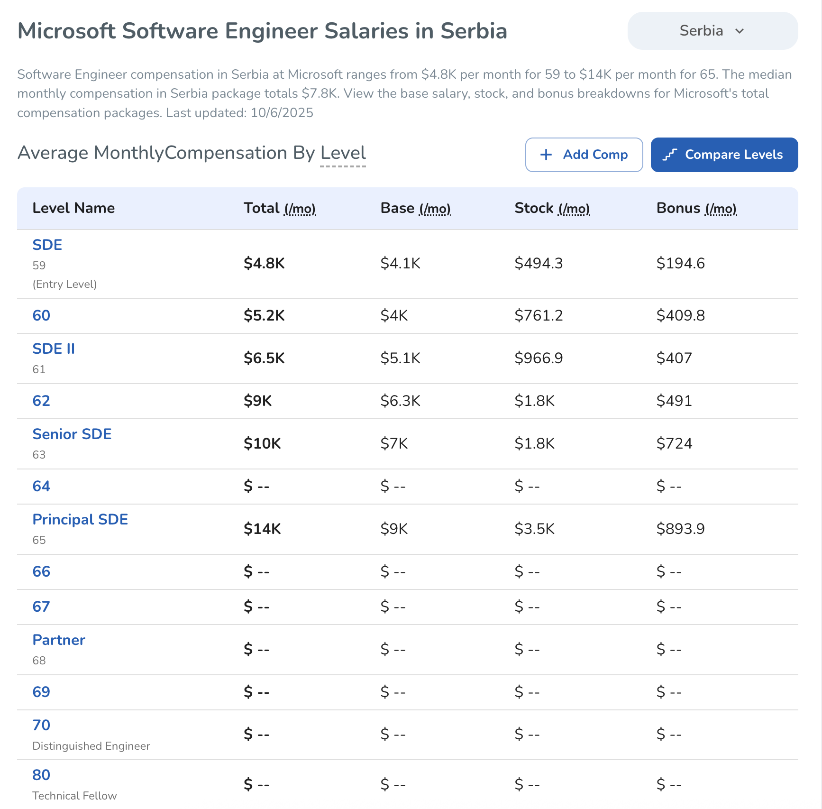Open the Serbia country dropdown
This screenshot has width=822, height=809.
click(712, 31)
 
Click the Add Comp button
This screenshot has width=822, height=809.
click(584, 155)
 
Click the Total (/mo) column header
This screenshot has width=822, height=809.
click(279, 208)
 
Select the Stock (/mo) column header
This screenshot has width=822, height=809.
click(552, 208)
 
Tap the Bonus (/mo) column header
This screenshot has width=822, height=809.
click(696, 208)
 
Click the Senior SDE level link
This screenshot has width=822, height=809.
click(72, 434)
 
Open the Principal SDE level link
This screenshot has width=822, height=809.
click(80, 519)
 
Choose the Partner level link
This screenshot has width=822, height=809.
click(59, 640)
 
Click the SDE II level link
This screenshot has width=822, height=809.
click(54, 349)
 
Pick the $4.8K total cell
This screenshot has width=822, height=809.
click(264, 264)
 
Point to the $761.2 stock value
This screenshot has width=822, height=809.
click(539, 316)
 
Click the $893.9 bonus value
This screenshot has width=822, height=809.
click(680, 529)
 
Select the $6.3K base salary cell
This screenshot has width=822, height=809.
click(400, 401)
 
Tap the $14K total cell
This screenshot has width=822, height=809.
click(262, 529)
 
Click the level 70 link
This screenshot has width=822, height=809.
click(41, 725)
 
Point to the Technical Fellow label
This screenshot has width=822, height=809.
click(74, 796)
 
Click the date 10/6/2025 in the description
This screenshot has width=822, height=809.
click(282, 113)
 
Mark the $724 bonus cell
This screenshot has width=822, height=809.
click(674, 444)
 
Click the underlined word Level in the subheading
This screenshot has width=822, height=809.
click(343, 153)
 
